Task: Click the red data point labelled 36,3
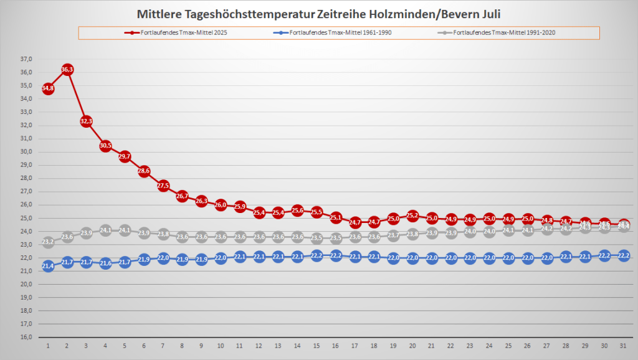pos(67,69)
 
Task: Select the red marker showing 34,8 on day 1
pos(48,89)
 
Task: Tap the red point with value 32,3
pos(86,121)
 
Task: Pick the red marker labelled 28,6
pos(144,171)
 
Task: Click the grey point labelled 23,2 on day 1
pos(48,242)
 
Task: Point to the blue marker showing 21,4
pos(48,266)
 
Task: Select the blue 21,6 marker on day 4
pos(105,263)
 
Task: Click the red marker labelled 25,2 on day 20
pos(412,216)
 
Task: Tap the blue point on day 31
pos(623,255)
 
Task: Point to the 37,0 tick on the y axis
pos(26,59)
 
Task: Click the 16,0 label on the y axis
pos(26,338)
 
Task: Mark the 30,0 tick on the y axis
pos(26,152)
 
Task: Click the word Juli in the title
pos(488,14)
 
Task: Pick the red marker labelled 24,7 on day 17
pos(355,222)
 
